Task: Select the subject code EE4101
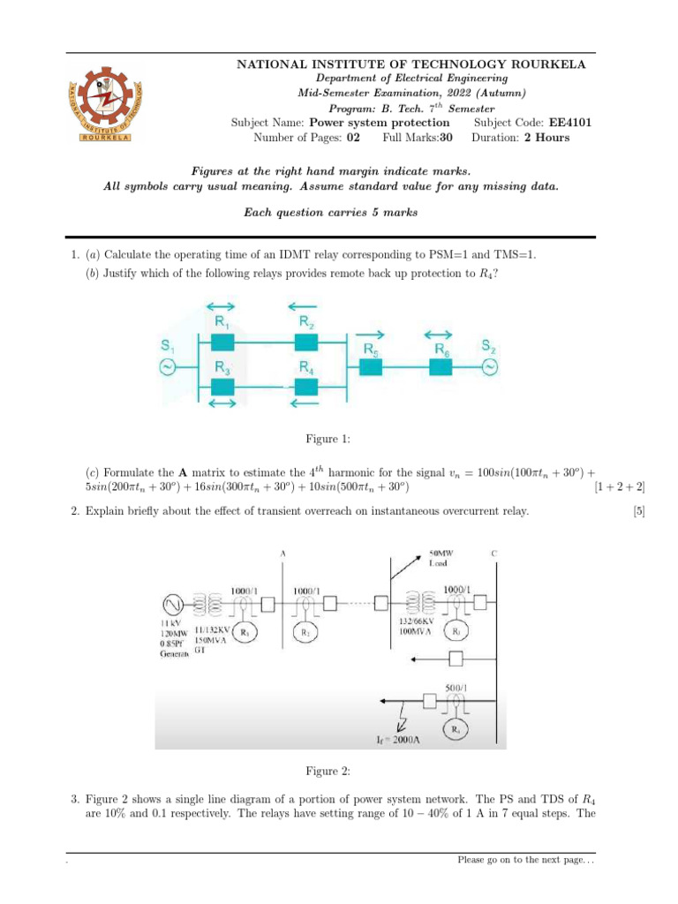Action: point(571,123)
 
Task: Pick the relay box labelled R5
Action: point(371,370)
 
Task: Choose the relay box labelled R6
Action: point(440,370)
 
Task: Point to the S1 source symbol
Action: point(163,370)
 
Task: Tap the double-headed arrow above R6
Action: point(438,335)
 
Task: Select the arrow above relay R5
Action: point(371,335)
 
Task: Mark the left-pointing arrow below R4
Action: point(305,403)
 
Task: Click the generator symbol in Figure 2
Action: point(171,605)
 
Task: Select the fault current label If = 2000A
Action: point(394,740)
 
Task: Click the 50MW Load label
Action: point(442,559)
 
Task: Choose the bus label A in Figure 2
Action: point(282,554)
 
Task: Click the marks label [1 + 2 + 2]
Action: point(621,487)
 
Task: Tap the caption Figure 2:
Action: point(328,772)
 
